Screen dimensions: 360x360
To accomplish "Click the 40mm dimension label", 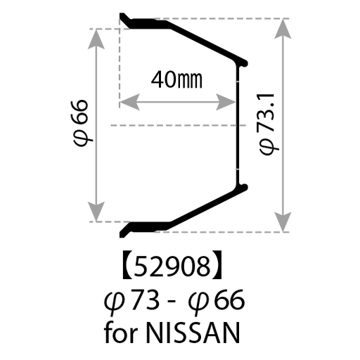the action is click(x=176, y=79).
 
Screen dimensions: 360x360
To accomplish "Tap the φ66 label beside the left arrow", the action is click(x=81, y=123).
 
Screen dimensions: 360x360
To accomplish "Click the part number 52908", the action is click(x=172, y=266).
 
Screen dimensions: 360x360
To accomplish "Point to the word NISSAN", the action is click(x=193, y=333).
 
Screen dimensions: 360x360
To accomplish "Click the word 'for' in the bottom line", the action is click(x=120, y=332).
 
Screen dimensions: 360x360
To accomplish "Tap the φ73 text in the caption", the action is click(x=131, y=301).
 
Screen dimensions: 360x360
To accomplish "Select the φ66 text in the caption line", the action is click(x=217, y=301).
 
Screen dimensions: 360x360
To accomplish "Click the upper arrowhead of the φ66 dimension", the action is click(x=96, y=39).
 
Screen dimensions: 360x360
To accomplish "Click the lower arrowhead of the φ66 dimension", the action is click(x=96, y=212).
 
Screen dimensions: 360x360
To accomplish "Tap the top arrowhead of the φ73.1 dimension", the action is click(x=283, y=29).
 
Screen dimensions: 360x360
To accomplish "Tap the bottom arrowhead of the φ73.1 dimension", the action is click(x=283, y=222).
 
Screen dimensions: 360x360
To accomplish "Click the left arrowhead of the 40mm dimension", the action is click(x=129, y=102).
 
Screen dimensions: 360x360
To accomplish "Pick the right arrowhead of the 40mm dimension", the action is click(x=226, y=102).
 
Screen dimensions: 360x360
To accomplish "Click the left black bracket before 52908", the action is click(x=127, y=264).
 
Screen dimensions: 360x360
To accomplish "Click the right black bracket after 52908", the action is click(x=217, y=264).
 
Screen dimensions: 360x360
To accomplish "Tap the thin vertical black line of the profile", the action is click(x=238, y=125).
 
